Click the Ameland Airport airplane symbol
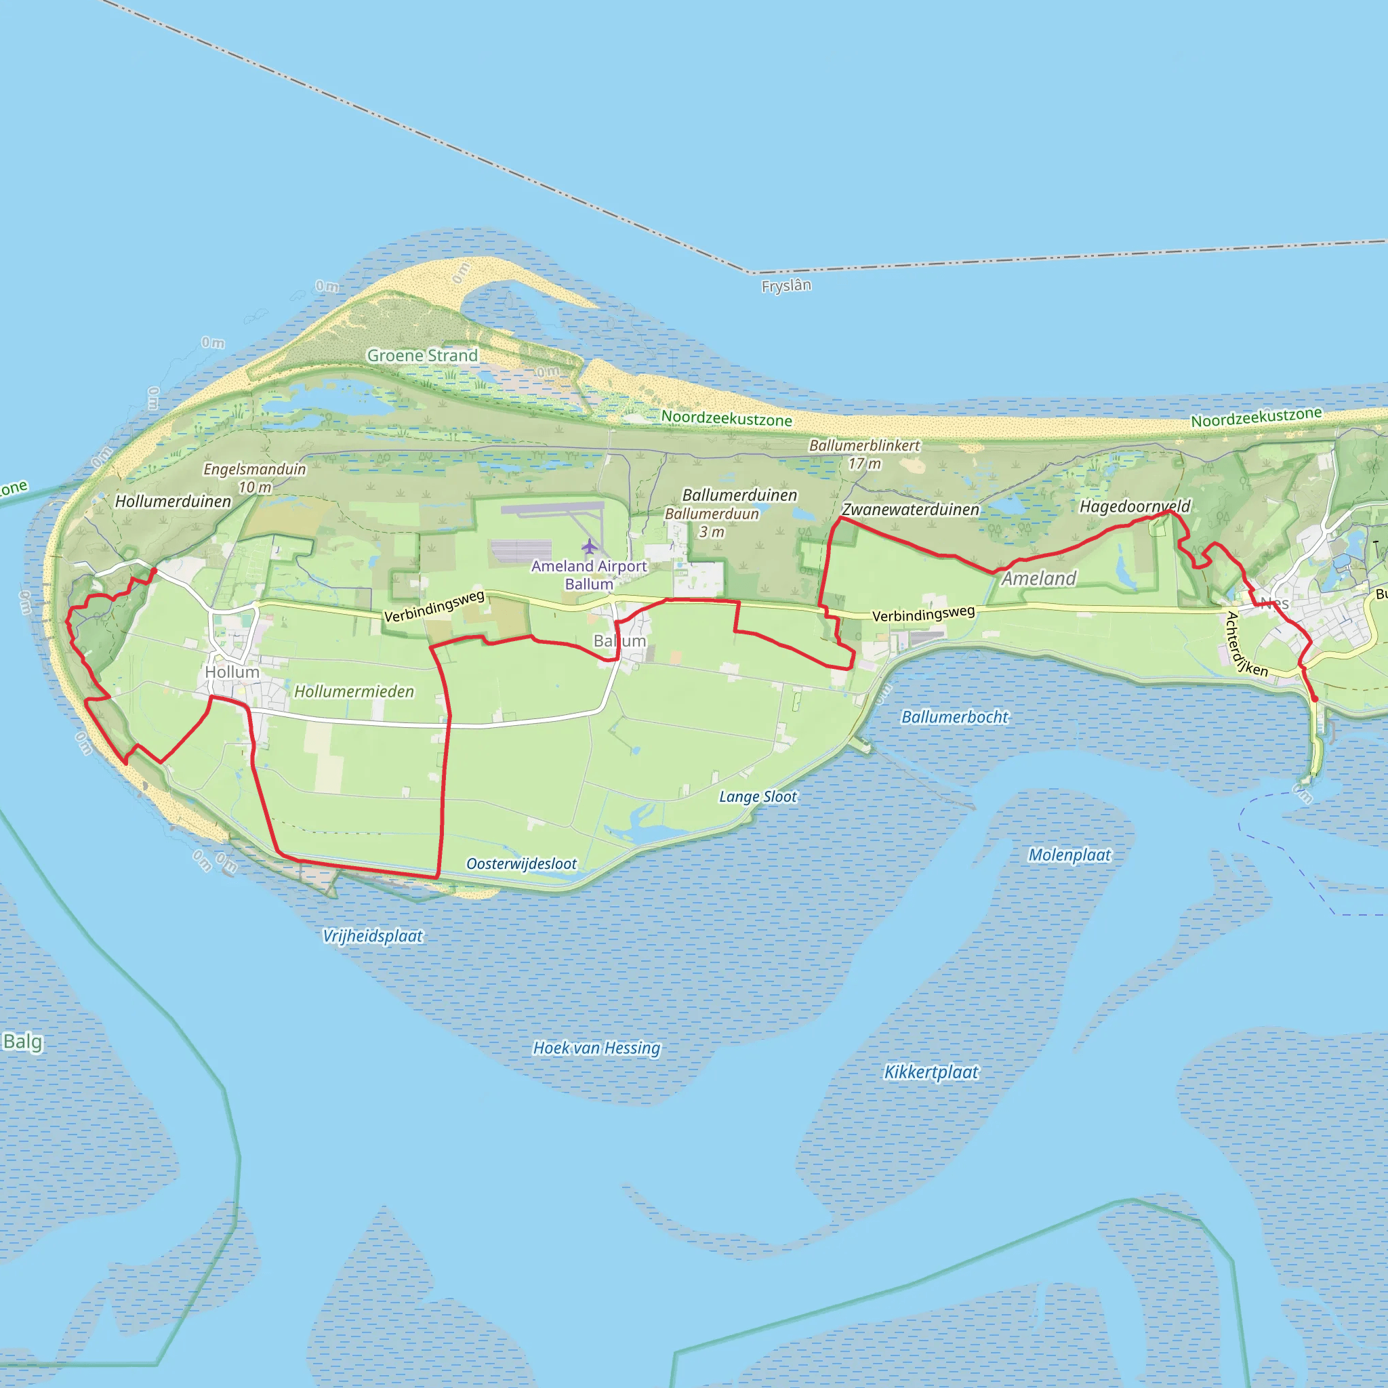click(589, 547)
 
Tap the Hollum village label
click(231, 672)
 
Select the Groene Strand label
click(422, 356)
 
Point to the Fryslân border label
click(786, 286)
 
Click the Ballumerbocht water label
click(954, 717)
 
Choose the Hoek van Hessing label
click(596, 1048)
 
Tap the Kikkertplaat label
click(931, 1072)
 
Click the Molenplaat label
click(1069, 855)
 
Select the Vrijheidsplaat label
click(372, 936)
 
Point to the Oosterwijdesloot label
click(522, 863)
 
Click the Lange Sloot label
click(758, 797)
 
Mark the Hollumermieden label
click(354, 691)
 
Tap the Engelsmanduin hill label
click(254, 470)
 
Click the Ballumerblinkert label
click(864, 446)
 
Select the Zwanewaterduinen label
click(910, 510)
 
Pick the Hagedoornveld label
click(1135, 506)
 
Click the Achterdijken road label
click(1246, 645)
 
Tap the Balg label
click(22, 1042)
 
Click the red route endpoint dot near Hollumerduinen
click(154, 571)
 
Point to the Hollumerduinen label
click(173, 502)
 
